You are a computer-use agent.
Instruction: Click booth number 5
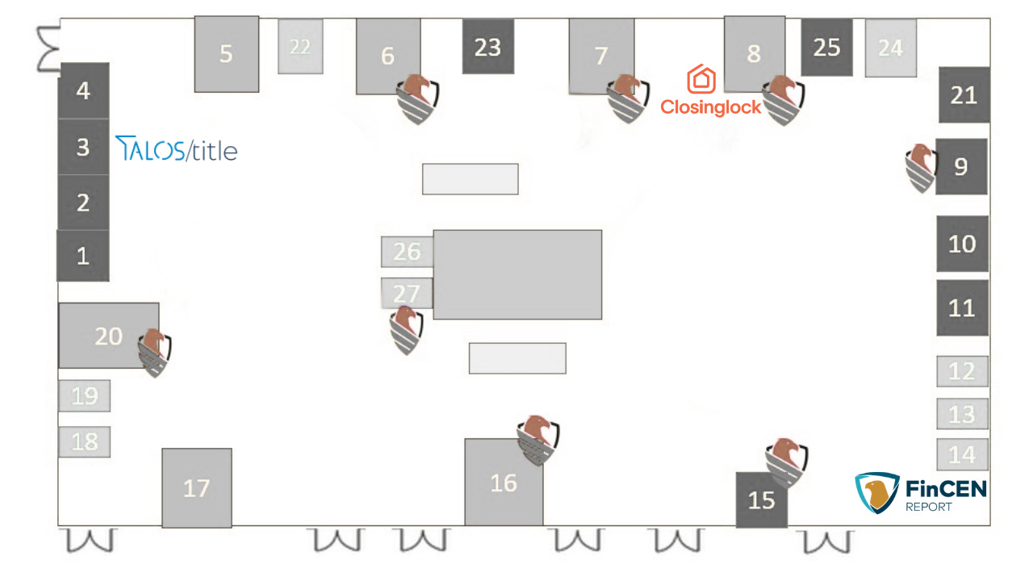pos(226,54)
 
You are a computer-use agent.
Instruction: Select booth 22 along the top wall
pos(300,47)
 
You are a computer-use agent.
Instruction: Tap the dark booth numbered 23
pos(487,47)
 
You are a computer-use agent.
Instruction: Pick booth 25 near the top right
pos(826,47)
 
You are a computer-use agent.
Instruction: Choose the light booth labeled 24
pos(890,48)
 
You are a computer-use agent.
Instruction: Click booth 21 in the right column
pos(964,95)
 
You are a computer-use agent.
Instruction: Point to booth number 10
pos(962,244)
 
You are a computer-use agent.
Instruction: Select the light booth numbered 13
pos(962,414)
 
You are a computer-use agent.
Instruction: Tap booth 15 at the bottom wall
pos(761,499)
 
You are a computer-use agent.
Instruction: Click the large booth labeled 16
pos(503,483)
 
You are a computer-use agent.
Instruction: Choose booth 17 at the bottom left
pos(196,487)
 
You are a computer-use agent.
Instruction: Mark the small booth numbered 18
pos(85,441)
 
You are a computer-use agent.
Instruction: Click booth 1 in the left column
pos(82,256)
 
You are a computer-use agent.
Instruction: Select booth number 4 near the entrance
pos(83,90)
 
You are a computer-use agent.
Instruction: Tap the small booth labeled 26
pos(407,252)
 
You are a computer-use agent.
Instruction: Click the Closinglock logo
pos(710,92)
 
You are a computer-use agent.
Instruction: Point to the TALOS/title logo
pos(177,148)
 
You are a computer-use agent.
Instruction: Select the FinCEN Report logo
pos(920,493)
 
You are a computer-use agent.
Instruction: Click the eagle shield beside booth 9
pos(920,167)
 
